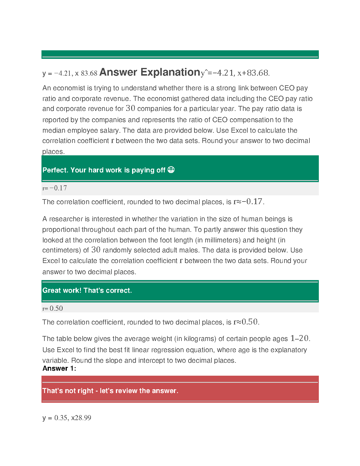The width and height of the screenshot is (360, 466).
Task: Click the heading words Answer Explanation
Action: click(150, 72)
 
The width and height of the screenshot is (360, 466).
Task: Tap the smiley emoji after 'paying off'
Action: click(171, 170)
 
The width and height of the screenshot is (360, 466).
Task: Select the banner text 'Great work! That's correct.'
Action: click(87, 290)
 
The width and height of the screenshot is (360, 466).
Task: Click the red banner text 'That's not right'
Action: click(68, 391)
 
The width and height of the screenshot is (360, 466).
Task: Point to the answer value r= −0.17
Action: click(55, 188)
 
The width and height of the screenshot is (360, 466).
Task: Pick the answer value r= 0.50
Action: click(53, 308)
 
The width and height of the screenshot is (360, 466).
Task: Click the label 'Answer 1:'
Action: click(59, 368)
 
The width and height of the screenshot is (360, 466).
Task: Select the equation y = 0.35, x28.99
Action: click(67, 418)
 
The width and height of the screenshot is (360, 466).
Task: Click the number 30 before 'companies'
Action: click(130, 108)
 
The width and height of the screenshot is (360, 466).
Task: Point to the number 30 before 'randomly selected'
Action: click(96, 250)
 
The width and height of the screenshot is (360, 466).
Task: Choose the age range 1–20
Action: click(299, 338)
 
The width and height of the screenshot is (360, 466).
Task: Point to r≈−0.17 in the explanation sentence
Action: click(249, 202)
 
